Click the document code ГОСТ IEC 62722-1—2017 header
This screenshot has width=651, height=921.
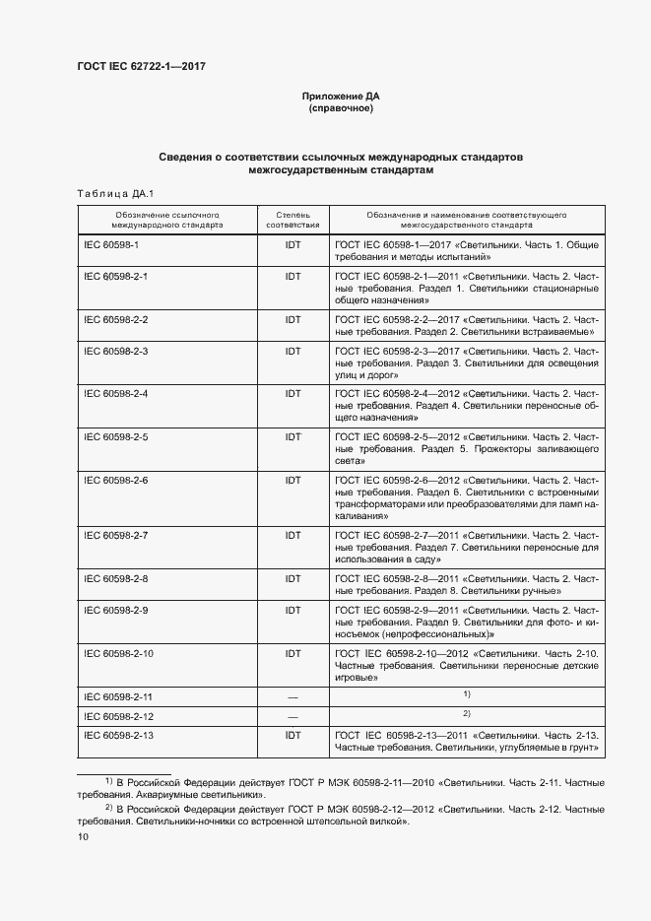point(141,66)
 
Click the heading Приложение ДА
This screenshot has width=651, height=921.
point(341,96)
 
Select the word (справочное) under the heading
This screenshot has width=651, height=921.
point(341,108)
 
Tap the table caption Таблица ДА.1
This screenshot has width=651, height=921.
point(109,193)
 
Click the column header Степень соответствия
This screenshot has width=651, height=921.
point(293,219)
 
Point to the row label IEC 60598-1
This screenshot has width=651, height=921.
point(111,244)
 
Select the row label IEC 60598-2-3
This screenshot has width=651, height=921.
point(116,351)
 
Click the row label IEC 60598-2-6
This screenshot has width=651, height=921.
point(116,480)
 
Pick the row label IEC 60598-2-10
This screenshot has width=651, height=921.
point(119,653)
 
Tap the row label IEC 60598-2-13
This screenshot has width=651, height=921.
point(119,736)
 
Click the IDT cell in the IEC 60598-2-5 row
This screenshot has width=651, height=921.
point(293,436)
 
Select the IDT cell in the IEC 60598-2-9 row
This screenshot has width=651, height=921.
point(293,610)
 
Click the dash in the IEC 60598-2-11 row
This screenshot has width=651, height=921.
point(293,697)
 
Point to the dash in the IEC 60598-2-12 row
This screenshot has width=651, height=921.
point(293,716)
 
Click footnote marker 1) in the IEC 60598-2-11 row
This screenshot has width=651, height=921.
point(468,694)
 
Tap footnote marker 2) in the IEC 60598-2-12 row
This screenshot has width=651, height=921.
point(468,713)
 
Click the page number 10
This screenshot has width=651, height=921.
point(83,837)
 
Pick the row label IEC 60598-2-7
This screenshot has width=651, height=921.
point(116,535)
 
